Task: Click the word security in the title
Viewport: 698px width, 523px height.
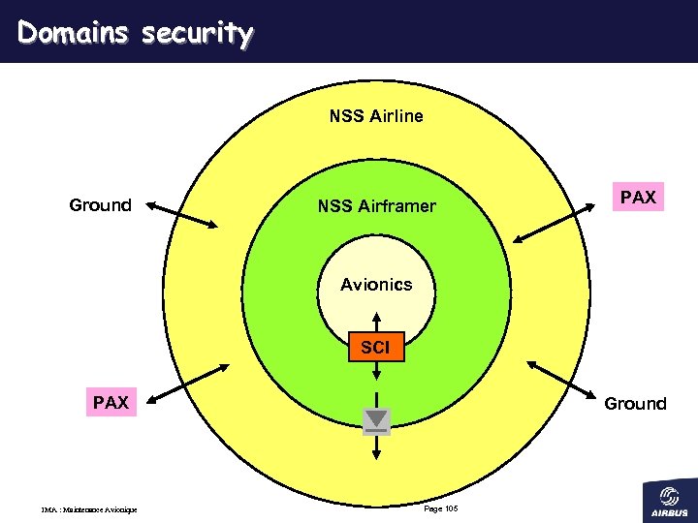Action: pos(197,34)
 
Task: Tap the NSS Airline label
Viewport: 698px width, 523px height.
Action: pos(376,116)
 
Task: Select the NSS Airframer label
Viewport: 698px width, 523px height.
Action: pos(376,206)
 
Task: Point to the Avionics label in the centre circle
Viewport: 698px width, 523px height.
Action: pos(376,285)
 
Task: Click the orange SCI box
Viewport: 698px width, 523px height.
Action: pos(376,347)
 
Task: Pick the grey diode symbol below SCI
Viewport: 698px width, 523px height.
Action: pos(376,420)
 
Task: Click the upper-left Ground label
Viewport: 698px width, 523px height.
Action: pos(100,205)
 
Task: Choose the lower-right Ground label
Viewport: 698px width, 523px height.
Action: pos(635,404)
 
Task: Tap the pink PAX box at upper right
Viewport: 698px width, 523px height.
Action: pos(638,198)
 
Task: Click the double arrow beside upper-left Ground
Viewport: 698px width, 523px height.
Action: pos(184,214)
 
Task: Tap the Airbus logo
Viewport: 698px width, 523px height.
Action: pos(669,498)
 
